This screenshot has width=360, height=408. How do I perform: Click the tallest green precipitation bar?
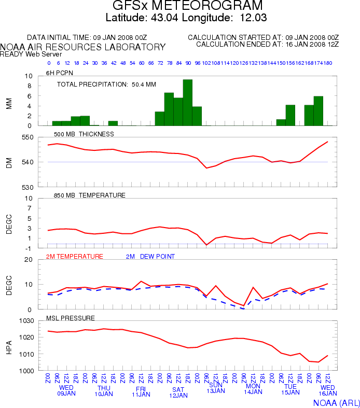[187, 103]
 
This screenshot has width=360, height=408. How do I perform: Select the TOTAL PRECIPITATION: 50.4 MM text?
[106, 84]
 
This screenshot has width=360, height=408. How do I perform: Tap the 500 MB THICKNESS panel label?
[84, 134]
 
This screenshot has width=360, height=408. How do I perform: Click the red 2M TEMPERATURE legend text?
[75, 257]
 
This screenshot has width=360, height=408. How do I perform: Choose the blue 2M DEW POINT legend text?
[150, 257]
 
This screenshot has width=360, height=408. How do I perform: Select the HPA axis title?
[9, 345]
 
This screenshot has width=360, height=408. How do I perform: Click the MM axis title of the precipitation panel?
[9, 101]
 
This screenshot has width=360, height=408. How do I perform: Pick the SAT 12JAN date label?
[178, 392]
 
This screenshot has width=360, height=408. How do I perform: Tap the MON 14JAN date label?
[253, 389]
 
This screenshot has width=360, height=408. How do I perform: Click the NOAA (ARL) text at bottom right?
[336, 402]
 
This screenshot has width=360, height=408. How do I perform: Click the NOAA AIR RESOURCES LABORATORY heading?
[83, 47]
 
